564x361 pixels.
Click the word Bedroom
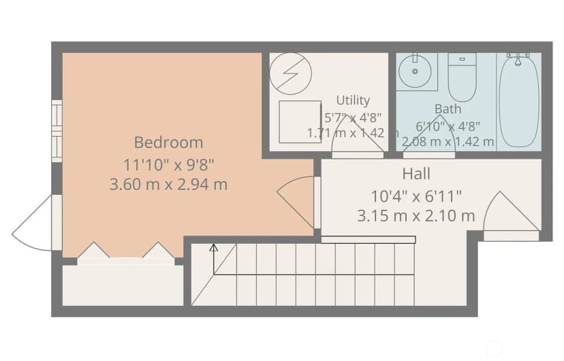tap(169, 142)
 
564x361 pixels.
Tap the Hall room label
tap(416, 174)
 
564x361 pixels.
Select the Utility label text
tap(353, 100)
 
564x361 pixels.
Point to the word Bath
tap(448, 108)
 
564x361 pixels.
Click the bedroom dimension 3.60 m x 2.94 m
tap(168, 185)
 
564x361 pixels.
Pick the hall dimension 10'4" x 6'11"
tap(416, 196)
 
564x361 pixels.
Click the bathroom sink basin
tap(415, 72)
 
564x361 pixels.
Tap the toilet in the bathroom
tap(463, 77)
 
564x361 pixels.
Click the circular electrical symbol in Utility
tap(290, 74)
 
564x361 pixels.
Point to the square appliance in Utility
tap(300, 122)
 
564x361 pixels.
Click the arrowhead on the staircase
tap(214, 247)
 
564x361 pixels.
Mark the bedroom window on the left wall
tap(57, 131)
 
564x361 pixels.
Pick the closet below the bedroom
tap(123, 285)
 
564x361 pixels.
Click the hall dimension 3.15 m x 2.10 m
tap(416, 216)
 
